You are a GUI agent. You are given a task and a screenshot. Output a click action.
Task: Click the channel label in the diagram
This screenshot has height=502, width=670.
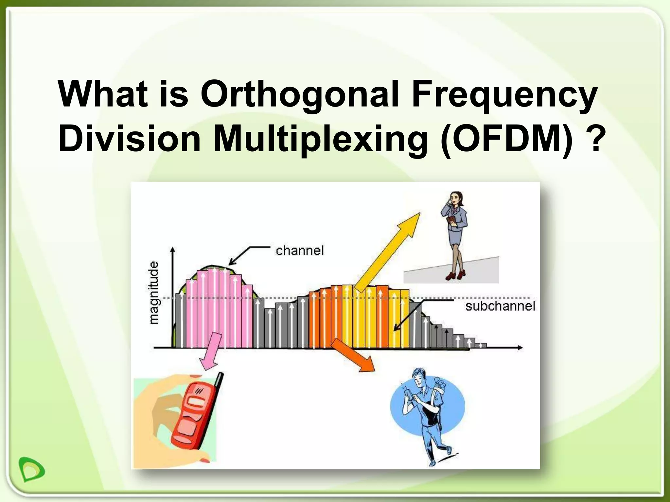click(300, 251)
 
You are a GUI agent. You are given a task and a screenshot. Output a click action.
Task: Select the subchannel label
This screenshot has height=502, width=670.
click(500, 307)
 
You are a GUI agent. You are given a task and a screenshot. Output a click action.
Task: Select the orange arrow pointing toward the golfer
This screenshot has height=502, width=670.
click(353, 356)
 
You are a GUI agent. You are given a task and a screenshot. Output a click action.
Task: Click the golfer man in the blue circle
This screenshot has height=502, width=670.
click(425, 415)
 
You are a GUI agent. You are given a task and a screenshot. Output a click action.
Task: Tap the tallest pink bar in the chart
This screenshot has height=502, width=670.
click(214, 307)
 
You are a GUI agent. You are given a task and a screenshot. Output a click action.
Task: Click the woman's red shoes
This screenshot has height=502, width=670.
click(456, 275)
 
